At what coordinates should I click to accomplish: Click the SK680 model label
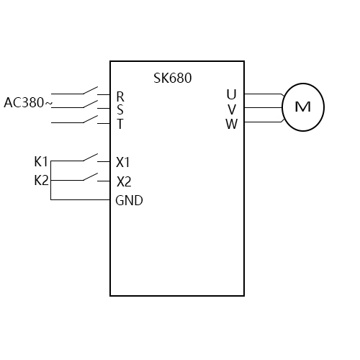173,78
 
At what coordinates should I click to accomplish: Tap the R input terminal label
120,96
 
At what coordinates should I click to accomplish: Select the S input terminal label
120,109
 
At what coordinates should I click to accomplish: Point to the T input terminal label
120,123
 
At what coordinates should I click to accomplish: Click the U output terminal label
231,94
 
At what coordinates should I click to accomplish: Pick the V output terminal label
231,109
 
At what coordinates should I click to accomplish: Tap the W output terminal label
231,123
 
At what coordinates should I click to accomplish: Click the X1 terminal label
123,162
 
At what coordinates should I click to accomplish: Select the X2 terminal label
123,181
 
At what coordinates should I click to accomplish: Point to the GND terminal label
129,201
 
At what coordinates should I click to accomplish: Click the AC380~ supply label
28,103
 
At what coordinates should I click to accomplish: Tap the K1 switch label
41,161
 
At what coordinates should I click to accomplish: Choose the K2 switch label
41,180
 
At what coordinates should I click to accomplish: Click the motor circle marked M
303,107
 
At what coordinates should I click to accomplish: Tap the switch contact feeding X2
90,176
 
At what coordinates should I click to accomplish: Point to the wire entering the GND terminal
79,200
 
